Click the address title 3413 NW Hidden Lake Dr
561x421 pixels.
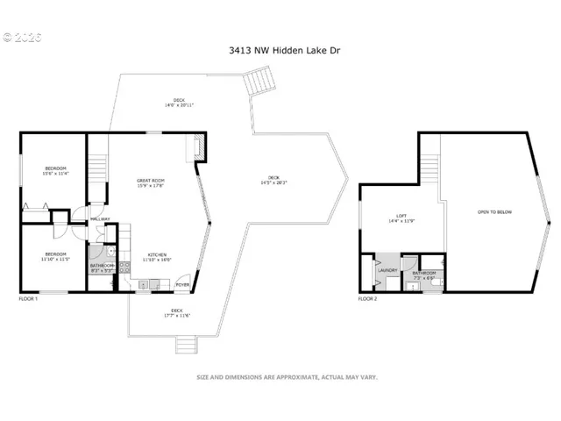tap(280, 51)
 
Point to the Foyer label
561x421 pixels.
tap(182, 285)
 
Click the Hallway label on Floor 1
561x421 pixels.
tap(99, 219)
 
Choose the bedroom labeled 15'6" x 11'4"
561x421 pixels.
tap(56, 170)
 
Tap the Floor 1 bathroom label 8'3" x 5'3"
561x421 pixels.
tap(102, 268)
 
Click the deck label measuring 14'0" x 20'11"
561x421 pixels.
tap(181, 102)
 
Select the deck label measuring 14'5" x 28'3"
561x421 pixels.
tap(274, 181)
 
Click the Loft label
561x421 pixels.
tap(401, 218)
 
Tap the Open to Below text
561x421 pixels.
tap(494, 212)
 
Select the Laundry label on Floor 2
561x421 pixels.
tap(387, 271)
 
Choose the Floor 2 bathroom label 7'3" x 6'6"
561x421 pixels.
tap(424, 275)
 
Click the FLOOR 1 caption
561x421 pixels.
tap(29, 299)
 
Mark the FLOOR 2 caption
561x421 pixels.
tap(367, 299)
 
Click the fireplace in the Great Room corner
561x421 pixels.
tap(198, 149)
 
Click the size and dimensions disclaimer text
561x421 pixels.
tap(286, 377)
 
